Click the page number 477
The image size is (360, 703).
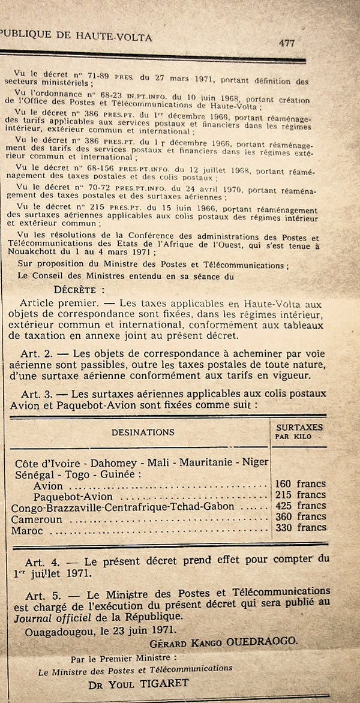click(287, 43)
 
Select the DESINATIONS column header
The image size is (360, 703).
click(143, 432)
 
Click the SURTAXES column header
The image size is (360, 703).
click(299, 427)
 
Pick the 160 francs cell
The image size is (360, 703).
click(299, 483)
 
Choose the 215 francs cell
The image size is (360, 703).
click(299, 495)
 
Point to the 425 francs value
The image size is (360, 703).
click(299, 506)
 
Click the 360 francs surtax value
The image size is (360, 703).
click(299, 516)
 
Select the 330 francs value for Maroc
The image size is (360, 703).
click(299, 527)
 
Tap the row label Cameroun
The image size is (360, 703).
click(36, 519)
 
